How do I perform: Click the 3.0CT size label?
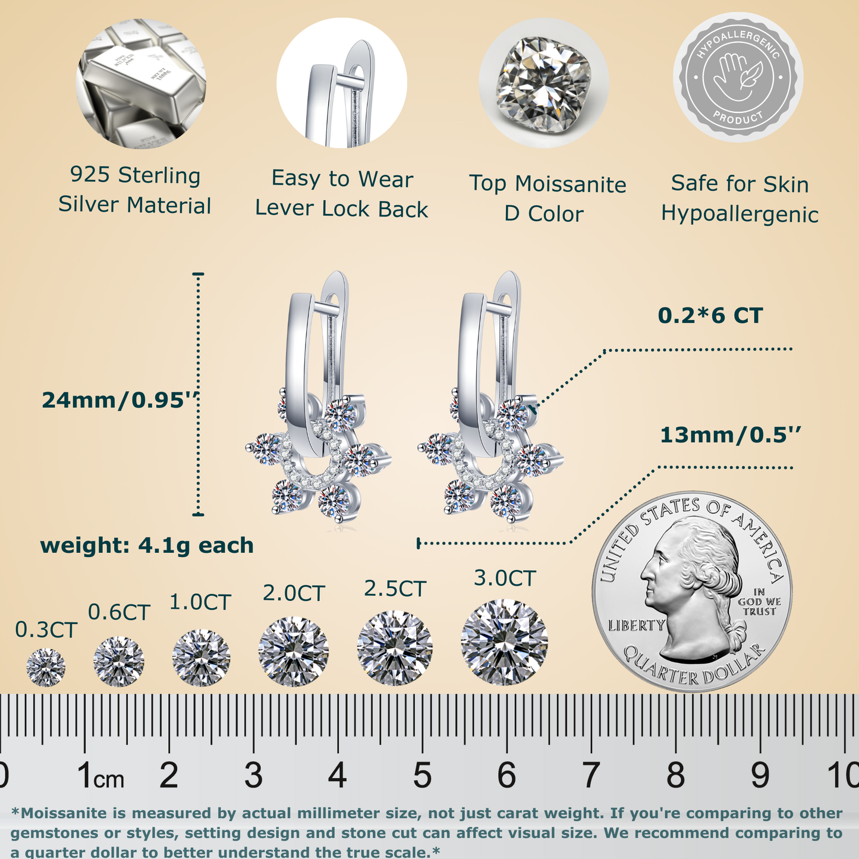click(505, 578)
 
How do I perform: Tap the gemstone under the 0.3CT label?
click(46, 667)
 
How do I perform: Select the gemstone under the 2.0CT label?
click(293, 651)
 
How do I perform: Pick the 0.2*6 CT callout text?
click(710, 315)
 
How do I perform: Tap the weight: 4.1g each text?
click(147, 545)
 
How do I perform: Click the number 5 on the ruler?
click(422, 775)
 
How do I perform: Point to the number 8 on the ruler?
click(675, 775)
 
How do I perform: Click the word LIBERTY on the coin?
click(637, 625)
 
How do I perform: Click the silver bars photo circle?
click(141, 83)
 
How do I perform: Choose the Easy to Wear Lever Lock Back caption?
click(341, 194)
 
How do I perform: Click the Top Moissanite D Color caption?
click(547, 199)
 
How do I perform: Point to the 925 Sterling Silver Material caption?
click(135, 190)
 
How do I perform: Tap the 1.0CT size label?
click(200, 602)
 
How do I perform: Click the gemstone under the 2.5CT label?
click(395, 648)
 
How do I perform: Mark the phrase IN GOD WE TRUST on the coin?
click(759, 602)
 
